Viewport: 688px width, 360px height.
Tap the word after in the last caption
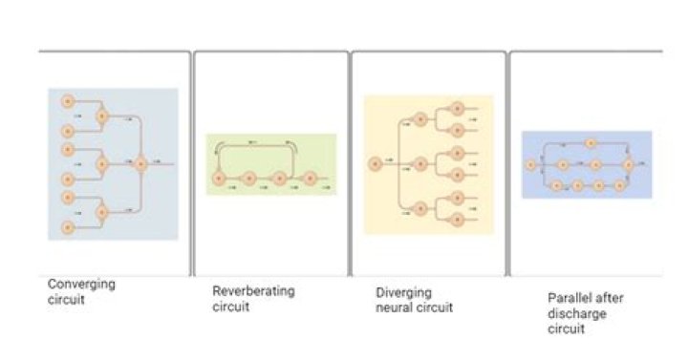pyautogui.click(x=594, y=297)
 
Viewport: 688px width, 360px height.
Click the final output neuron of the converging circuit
pyautogui.click(x=141, y=164)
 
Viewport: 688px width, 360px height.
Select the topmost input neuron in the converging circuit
pyautogui.click(x=68, y=101)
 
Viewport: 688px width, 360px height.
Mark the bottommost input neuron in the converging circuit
pyautogui.click(x=68, y=227)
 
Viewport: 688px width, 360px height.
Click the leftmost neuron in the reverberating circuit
pyautogui.click(x=219, y=178)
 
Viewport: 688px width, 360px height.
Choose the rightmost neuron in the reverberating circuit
pyautogui.click(x=310, y=178)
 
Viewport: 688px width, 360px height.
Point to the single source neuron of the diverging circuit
pyautogui.click(x=375, y=164)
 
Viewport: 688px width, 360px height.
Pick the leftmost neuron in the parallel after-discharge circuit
pyautogui.click(x=531, y=165)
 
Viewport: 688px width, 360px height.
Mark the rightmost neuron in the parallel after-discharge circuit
pyautogui.click(x=629, y=165)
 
